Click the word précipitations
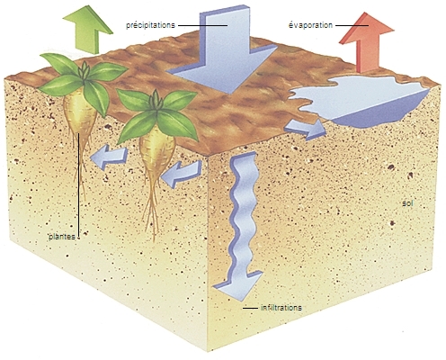click(x=150, y=25)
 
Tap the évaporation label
click(x=310, y=25)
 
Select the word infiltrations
click(x=281, y=308)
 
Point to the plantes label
click(x=62, y=237)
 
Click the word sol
click(x=407, y=203)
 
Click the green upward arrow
click(x=87, y=29)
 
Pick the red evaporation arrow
click(x=366, y=42)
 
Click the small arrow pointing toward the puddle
click(x=306, y=130)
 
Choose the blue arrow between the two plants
click(x=110, y=157)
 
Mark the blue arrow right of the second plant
click(x=182, y=174)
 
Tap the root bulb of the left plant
click(x=79, y=114)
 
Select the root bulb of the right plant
click(x=157, y=150)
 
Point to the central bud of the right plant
click(x=156, y=102)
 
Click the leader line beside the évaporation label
click(x=352, y=25)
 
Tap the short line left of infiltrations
click(x=250, y=308)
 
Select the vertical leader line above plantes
click(x=79, y=185)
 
